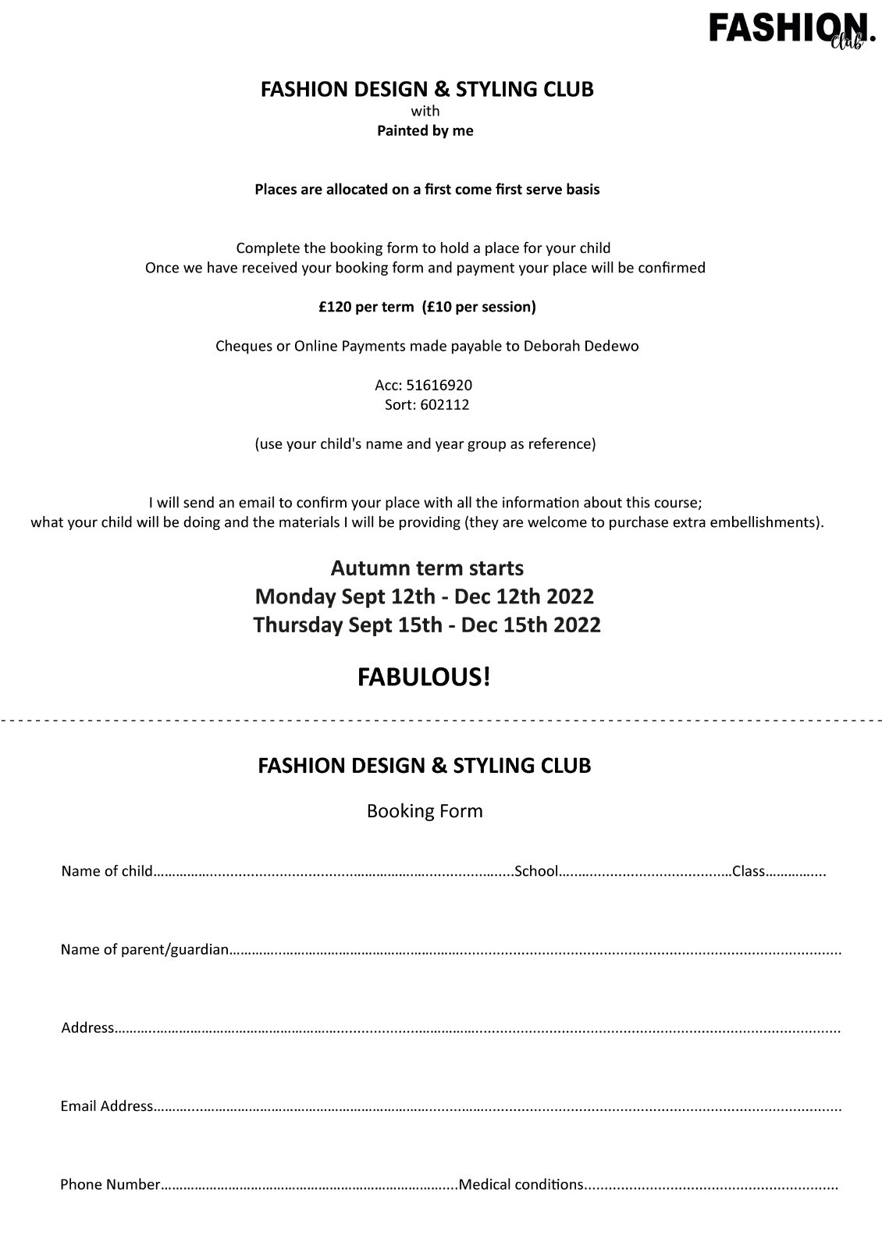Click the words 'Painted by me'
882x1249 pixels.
425,131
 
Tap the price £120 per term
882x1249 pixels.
366,307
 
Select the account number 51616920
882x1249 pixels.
439,386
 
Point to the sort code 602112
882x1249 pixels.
445,405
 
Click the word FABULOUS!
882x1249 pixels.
425,677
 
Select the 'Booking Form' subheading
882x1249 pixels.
425,811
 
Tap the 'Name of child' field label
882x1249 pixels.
107,871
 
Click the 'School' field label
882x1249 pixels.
536,871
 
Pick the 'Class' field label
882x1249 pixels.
749,871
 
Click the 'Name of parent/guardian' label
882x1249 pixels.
145,950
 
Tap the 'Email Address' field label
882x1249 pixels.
107,1106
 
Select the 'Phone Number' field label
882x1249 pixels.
110,1184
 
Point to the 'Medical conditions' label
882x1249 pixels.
521,1184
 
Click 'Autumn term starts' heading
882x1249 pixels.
427,568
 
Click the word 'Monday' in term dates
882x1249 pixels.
295,596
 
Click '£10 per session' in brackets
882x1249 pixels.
479,307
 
